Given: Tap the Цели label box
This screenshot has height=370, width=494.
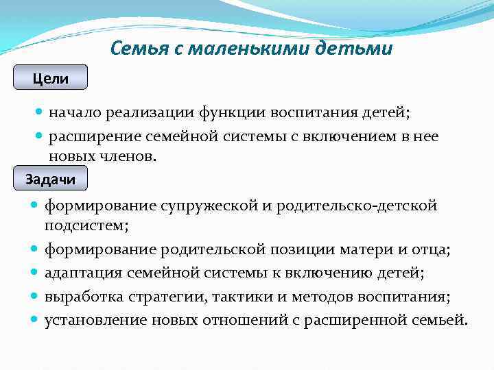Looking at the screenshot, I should point(51,78).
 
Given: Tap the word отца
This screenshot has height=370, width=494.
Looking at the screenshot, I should point(430,249).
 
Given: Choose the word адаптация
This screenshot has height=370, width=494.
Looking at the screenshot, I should point(84,273).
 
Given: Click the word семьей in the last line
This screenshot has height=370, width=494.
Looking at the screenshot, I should point(439,321).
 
